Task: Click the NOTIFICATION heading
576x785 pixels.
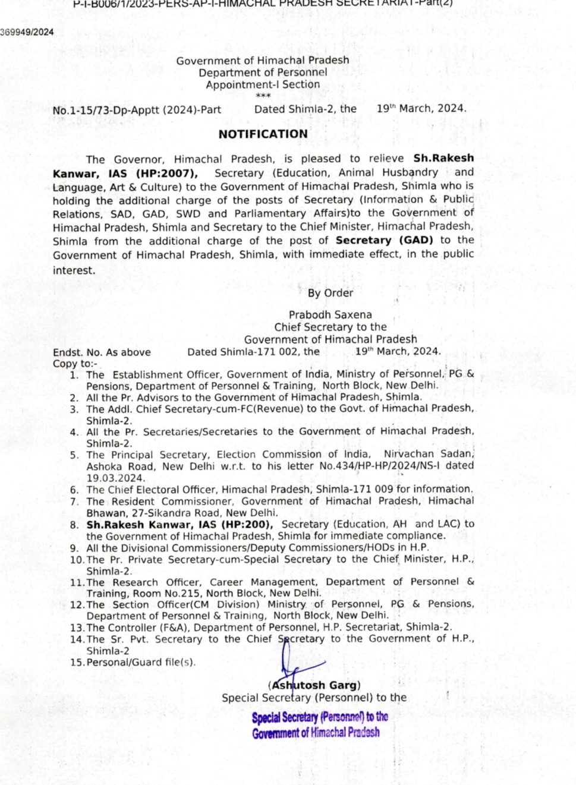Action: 263,134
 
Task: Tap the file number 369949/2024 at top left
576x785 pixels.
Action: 27,32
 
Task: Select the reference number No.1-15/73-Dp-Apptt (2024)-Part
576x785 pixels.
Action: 137,110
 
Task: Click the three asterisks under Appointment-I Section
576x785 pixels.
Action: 263,96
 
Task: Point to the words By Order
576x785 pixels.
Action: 330,293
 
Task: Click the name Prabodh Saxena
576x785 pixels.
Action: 330,315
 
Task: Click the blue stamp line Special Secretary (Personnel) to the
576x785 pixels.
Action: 320,717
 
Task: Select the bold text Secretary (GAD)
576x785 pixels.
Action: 385,240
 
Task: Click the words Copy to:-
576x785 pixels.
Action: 75,364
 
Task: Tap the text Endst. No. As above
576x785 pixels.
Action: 102,352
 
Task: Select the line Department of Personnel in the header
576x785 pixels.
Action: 263,72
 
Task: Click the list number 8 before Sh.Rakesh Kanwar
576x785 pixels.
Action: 74,525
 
